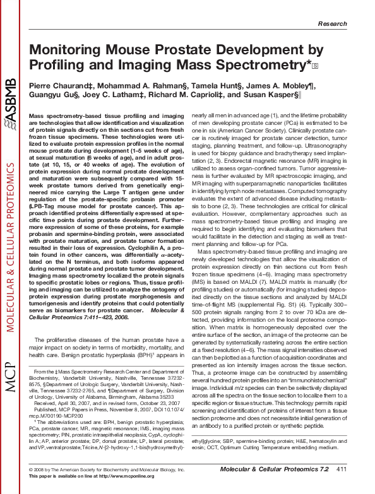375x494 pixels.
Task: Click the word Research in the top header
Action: pos(349,23)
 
